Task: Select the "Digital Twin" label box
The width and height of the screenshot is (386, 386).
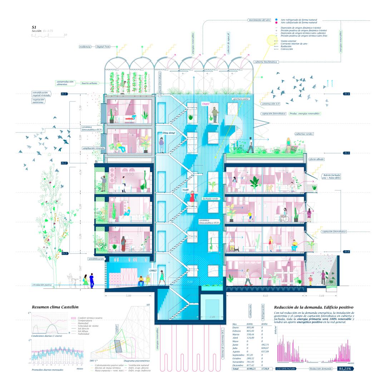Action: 102,47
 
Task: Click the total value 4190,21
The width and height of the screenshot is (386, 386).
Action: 252,368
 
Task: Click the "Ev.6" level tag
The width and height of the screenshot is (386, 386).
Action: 347,252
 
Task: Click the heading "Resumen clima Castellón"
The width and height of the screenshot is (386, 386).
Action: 55,307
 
